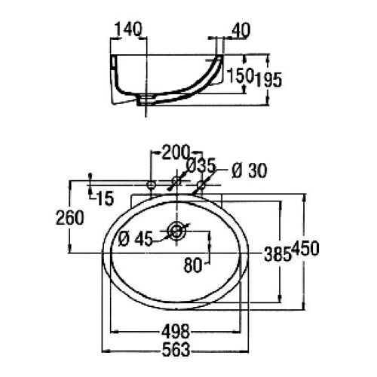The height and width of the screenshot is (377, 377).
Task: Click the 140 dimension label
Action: tap(129, 29)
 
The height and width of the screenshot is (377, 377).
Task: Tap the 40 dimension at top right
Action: tap(241, 31)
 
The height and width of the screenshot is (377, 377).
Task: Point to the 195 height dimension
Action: tap(268, 81)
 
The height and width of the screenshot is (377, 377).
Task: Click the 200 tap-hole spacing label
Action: tap(175, 152)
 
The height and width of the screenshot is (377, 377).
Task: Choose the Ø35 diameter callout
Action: tap(201, 166)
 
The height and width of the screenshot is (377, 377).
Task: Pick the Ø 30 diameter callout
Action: tap(249, 171)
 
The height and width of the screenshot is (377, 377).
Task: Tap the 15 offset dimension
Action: tap(105, 198)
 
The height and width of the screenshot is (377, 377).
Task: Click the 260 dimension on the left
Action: tap(70, 218)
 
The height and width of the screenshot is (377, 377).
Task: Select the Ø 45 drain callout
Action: tap(136, 239)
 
